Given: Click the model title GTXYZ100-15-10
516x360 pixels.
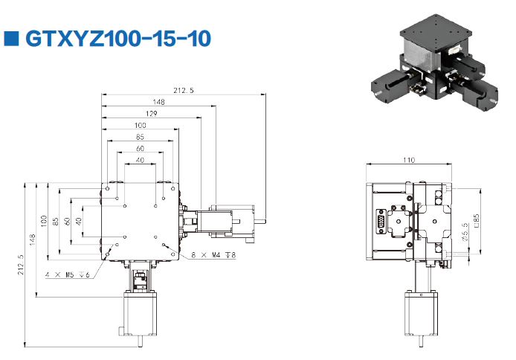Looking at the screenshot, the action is click(x=118, y=39).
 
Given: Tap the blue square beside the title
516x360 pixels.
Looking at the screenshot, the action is click(x=11, y=39).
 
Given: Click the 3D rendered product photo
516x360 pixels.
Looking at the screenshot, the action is click(x=434, y=62).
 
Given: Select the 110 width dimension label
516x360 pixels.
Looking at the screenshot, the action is click(x=409, y=160).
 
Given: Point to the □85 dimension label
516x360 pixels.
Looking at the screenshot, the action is click(x=477, y=221).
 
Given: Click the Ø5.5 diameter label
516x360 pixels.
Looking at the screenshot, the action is click(x=465, y=232).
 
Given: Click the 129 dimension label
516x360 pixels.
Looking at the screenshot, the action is click(x=151, y=114).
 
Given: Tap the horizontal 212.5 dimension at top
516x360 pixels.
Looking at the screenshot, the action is click(x=184, y=90).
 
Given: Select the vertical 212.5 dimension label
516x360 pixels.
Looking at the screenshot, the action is click(x=21, y=265).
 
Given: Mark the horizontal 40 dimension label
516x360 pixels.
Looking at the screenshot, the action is click(x=140, y=160).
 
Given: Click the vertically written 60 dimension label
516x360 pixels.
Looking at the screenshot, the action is click(x=67, y=221).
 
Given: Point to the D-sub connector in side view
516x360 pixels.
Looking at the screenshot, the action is click(x=381, y=221).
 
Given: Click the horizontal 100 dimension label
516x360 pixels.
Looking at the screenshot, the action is click(x=141, y=125).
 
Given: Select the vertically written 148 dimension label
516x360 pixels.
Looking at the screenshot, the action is click(x=32, y=240).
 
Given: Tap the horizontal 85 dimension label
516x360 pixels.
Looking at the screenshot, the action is click(x=140, y=137).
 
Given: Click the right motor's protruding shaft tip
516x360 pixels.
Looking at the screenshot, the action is click(x=264, y=221).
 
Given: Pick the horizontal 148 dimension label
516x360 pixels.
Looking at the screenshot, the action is click(x=158, y=102).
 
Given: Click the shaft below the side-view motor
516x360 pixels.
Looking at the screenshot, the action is click(x=422, y=341).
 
